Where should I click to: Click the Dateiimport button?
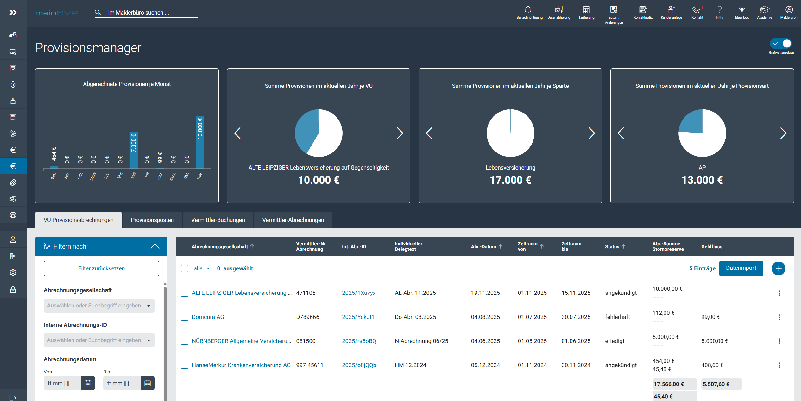point(741,268)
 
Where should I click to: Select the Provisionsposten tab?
point(152,220)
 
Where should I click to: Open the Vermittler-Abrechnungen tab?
point(293,220)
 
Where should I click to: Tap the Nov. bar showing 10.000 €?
point(200,143)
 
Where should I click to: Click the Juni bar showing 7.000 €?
point(134,150)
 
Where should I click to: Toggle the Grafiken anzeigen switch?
point(781,43)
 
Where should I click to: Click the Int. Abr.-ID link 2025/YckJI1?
point(358,317)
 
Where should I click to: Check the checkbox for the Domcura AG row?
point(185,317)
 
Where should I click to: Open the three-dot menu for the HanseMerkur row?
point(779,365)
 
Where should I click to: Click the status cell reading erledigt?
point(615,341)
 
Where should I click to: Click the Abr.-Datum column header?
point(483,246)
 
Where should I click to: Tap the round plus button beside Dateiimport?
point(778,268)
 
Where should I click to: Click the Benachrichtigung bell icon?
point(528,10)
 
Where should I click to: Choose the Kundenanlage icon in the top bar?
point(671,10)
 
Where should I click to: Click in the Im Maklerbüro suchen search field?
point(149,13)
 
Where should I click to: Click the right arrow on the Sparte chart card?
point(591,133)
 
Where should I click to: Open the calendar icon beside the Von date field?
point(88,383)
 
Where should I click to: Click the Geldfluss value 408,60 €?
point(712,365)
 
